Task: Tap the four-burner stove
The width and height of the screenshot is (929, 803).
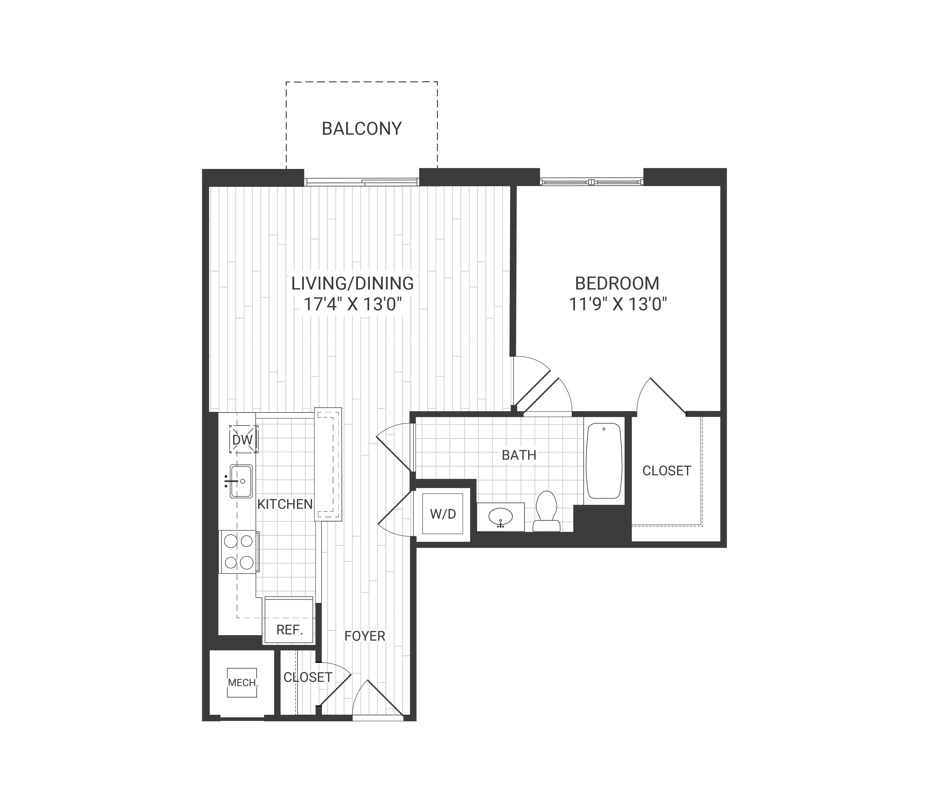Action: (x=239, y=552)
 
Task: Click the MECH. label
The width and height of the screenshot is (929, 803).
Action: (x=242, y=683)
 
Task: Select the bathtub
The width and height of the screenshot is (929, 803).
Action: (x=604, y=461)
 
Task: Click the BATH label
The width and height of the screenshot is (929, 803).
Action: (x=519, y=455)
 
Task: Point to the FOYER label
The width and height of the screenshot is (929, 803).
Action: (x=365, y=636)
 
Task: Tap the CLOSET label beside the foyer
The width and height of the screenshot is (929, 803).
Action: (x=308, y=677)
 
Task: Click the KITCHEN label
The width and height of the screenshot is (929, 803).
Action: (x=285, y=504)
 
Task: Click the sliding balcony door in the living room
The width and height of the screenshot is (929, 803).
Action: (x=361, y=182)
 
